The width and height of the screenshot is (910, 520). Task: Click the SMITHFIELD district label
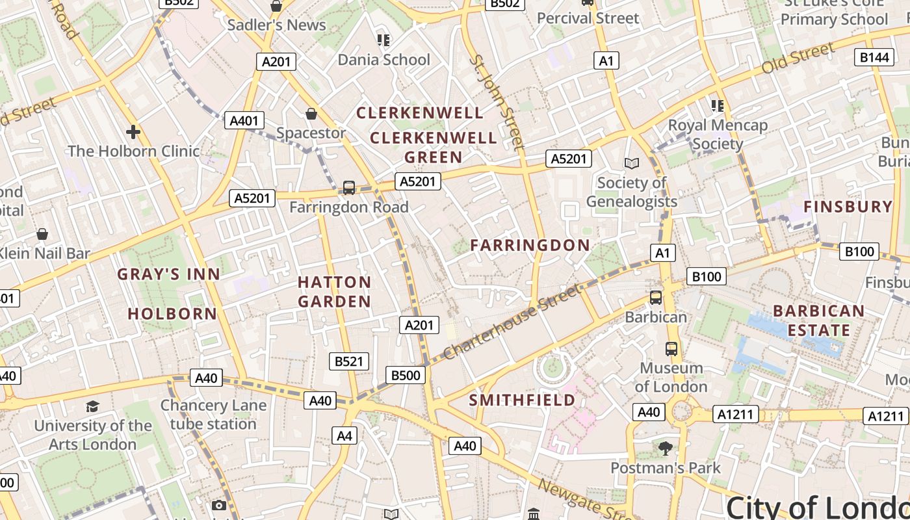pos(522,400)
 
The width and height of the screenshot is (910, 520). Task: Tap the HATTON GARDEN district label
pos(334,292)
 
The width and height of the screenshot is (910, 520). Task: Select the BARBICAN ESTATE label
pos(818,320)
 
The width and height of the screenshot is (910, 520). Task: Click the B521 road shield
pos(348,361)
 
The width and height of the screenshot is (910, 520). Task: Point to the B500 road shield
pos(406,374)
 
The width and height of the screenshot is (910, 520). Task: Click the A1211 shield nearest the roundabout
pos(736,414)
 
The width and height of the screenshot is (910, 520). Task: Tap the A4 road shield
pos(344,435)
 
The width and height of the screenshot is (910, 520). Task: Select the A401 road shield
pos(244,120)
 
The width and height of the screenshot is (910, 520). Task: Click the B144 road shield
pos(874,57)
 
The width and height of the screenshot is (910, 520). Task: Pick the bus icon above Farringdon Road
pos(349,188)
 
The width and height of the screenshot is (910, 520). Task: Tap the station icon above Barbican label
pos(656,298)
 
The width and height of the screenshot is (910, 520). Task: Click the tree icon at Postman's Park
pos(665,448)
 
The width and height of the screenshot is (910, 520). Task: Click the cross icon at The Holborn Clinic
pos(133,132)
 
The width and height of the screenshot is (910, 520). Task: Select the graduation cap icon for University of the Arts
pos(92,407)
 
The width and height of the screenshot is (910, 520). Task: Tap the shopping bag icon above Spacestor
pos(311,114)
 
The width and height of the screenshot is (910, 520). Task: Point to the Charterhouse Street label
pos(513,322)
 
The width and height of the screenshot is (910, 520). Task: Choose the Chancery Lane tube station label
pos(213,415)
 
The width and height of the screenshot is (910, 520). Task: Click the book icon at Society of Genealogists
pos(631,163)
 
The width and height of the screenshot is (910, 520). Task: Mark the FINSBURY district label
pos(848,207)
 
